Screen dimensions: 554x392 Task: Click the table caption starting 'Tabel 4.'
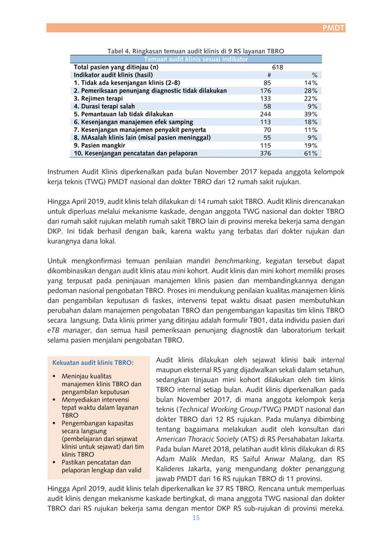tap(195, 51)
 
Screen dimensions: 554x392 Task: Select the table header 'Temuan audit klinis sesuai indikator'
tap(195, 59)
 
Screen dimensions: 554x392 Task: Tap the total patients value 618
tap(277, 67)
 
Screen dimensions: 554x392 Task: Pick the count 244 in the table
tap(265, 114)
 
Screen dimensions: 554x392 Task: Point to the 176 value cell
tap(265, 91)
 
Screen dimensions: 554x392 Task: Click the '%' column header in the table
tap(314, 75)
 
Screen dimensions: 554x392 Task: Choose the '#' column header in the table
tap(266, 75)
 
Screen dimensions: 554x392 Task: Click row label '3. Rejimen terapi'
tap(98, 98)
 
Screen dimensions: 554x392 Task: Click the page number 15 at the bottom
tap(196, 518)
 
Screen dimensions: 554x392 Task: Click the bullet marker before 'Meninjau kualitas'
tap(55, 376)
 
